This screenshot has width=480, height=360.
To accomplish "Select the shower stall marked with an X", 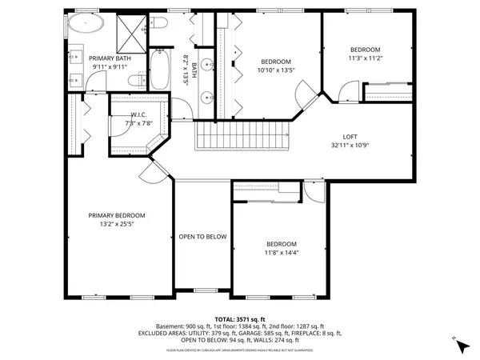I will pos(130,30).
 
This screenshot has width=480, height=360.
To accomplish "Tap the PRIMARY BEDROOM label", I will pos(117,216).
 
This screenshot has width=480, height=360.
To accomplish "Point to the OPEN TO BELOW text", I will pos(202,237).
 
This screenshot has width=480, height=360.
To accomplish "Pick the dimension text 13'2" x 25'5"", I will pos(117,225).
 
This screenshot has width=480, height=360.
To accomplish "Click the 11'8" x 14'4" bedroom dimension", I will pos(281,254).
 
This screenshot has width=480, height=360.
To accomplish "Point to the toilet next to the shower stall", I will pos(157,26).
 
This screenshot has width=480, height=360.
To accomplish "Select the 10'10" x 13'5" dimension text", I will pos(275,70).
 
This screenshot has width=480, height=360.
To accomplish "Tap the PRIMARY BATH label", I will pos(110,58).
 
